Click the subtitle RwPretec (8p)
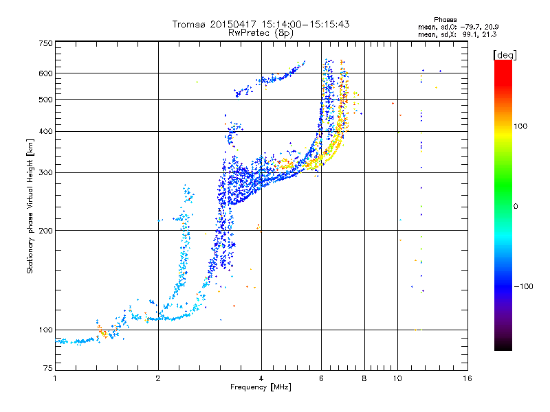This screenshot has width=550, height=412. tap(261, 33)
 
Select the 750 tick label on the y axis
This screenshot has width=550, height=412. tap(45, 43)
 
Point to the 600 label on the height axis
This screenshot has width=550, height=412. tap(45, 73)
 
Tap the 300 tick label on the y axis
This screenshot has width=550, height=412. tap(45, 173)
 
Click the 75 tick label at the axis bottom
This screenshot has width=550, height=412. tap(48, 368)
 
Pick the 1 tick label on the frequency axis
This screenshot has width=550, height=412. tap(55, 378)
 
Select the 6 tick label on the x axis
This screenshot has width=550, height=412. tap(321, 378)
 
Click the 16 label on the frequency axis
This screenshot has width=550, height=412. tap(467, 378)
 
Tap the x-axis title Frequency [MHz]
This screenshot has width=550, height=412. tap(261, 387)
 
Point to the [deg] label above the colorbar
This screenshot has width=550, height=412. tap(505, 55)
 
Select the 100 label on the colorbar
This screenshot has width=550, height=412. tap(520, 126)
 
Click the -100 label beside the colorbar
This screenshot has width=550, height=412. tap(523, 286)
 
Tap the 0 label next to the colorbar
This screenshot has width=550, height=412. tap(516, 207)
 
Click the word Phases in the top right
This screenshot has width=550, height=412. tap(445, 20)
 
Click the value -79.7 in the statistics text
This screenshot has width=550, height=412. tap(471, 27)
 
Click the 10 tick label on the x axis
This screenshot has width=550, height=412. tap(397, 378)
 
